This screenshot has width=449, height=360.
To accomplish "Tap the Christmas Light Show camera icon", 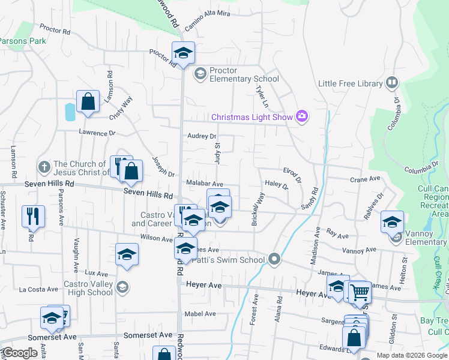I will pyautogui.click(x=302, y=116).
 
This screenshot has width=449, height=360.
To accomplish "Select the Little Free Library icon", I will pyautogui.click(x=392, y=82).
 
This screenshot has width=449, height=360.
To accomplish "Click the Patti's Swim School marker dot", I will pyautogui.click(x=274, y=259).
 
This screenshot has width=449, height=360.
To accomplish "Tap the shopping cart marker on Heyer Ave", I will pyautogui.click(x=360, y=293).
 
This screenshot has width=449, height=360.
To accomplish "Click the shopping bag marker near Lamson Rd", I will pyautogui.click(x=88, y=102).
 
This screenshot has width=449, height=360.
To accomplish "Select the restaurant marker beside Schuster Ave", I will pyautogui.click(x=32, y=216).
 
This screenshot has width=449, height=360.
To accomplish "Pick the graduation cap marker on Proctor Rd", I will pyautogui.click(x=183, y=53).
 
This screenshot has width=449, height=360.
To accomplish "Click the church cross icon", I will pyautogui.click(x=43, y=166).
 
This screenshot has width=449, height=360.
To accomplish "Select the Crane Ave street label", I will pyautogui.click(x=366, y=179).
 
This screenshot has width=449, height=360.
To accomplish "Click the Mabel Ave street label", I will pyautogui.click(x=200, y=314).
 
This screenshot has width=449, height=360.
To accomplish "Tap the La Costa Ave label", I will pyautogui.click(x=38, y=289).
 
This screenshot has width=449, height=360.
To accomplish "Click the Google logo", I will pyautogui.click(x=20, y=353).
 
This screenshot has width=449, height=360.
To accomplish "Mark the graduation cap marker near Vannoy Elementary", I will pyautogui.click(x=391, y=223).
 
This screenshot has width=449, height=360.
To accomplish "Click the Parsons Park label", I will pyautogui.click(x=23, y=41).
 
